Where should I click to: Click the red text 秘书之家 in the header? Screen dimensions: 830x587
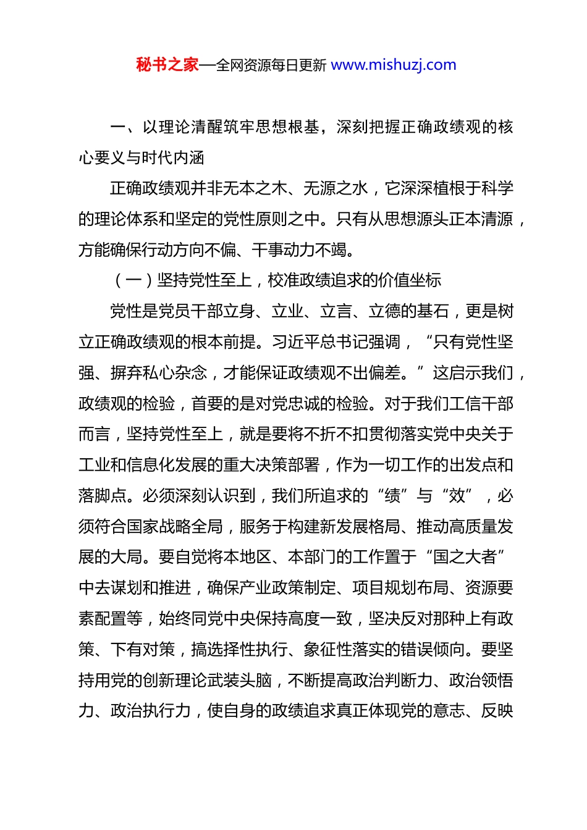click(x=167, y=65)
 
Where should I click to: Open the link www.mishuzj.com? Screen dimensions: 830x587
click(x=394, y=65)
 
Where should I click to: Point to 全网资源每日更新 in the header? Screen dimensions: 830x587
click(x=271, y=65)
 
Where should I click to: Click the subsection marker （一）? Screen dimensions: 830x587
click(x=133, y=280)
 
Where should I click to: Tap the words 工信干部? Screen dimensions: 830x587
click(x=481, y=404)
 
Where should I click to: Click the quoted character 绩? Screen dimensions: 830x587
click(x=392, y=496)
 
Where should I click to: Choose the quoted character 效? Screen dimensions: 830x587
click(x=457, y=496)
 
